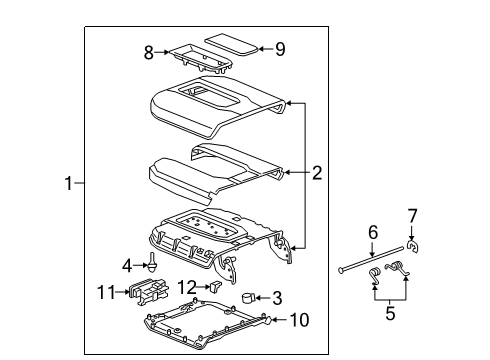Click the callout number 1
tap(68, 183)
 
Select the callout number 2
tap(317, 173)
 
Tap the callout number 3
tap(277, 298)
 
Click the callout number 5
tap(389, 314)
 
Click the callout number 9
tap(280, 47)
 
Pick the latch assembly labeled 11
tap(147, 294)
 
